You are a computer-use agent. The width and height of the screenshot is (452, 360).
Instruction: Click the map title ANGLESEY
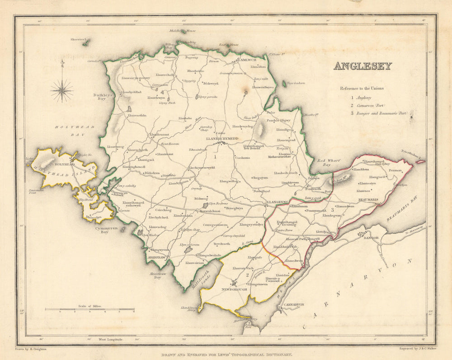tap(363, 66)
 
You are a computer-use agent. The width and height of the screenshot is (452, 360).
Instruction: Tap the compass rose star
tap(62, 90)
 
